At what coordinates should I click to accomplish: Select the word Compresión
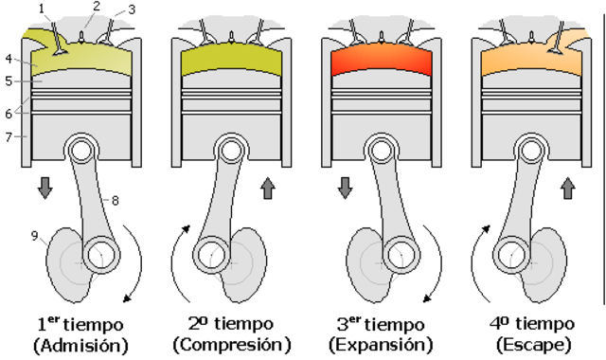click(x=231, y=344)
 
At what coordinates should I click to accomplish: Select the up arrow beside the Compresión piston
click(x=267, y=187)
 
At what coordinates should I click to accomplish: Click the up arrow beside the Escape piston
click(x=568, y=187)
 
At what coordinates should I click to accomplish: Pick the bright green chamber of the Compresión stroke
click(x=232, y=62)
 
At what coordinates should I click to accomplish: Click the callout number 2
click(x=95, y=7)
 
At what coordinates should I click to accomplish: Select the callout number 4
click(x=8, y=60)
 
